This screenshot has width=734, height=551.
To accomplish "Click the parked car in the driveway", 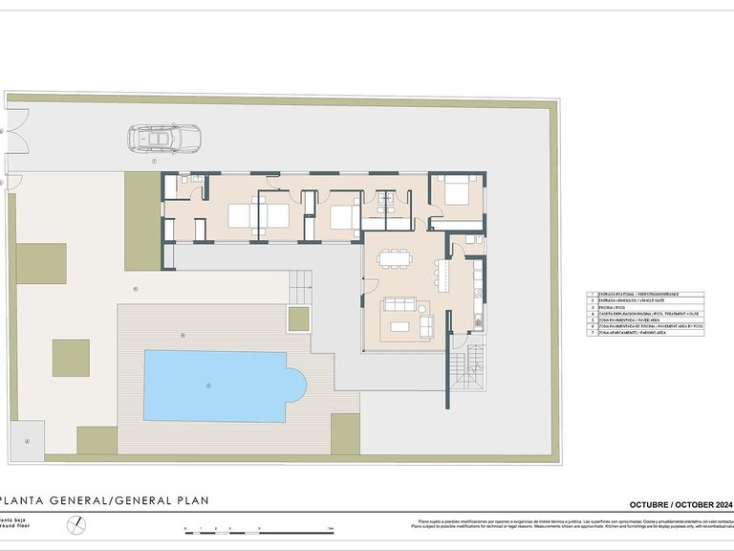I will (162, 140).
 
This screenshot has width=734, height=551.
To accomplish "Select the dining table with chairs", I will (393, 258).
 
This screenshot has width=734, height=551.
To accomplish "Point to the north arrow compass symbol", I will (76, 524).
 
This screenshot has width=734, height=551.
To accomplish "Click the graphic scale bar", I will (258, 529).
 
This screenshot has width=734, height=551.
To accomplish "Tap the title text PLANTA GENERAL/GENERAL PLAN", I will (104, 500).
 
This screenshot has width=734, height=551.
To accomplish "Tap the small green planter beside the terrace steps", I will (299, 319).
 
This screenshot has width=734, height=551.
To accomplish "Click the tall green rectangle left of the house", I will (141, 221).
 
